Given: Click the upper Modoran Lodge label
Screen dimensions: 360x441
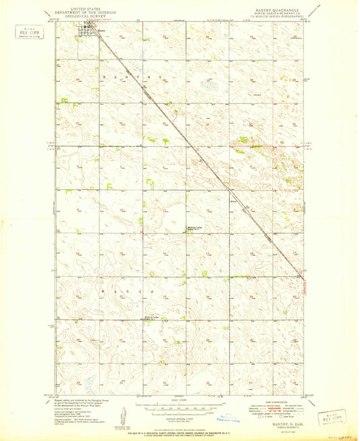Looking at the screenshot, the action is pyautogui.click(x=196, y=228).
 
